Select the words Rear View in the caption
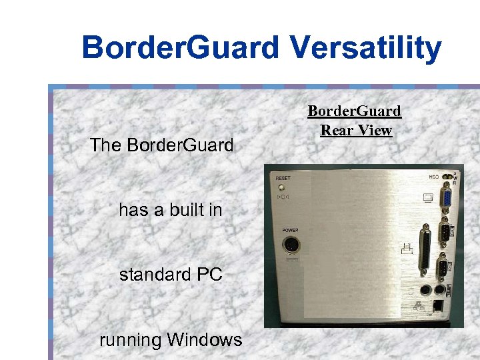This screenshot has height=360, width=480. tap(356, 130)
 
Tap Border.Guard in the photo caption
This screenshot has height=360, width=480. tap(354, 111)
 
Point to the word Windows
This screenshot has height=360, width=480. tap(204, 340)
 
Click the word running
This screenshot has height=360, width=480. tap(130, 340)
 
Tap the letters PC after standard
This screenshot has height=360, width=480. tap(209, 275)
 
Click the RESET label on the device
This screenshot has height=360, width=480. tap(283, 179)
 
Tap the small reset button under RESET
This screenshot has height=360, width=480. tap(281, 187)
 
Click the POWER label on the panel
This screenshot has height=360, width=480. tap(290, 229)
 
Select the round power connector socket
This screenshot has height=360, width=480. tap(291, 246)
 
